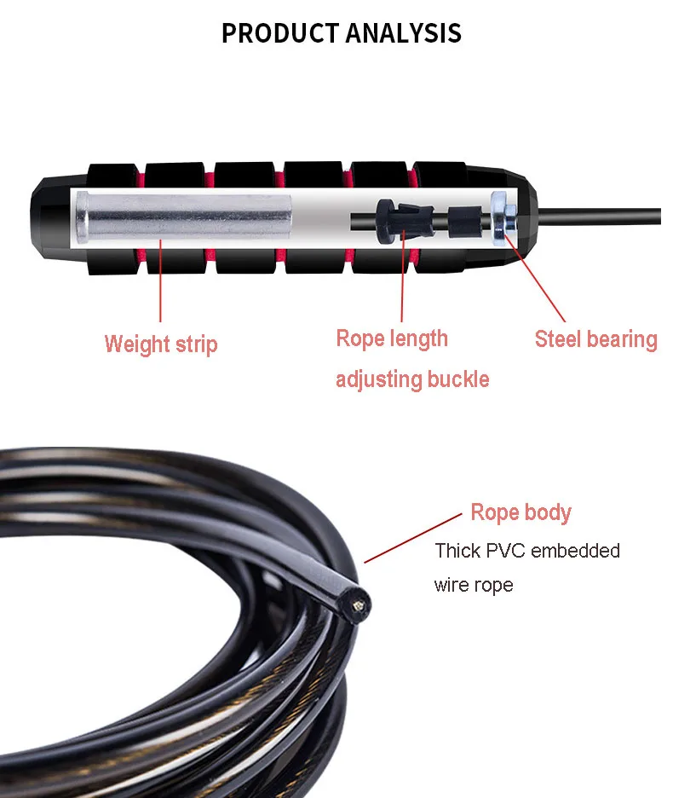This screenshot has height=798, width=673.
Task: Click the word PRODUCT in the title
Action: pos(279,33)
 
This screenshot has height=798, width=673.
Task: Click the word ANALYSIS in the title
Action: pos(403,33)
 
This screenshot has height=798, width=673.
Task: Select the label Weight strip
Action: pos(161,344)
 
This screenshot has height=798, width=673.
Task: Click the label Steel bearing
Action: pos(595,339)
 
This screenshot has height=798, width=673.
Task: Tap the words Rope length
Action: pos(392,338)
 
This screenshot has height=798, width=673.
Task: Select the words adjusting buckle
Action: pos(412,379)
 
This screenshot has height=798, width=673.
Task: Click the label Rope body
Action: pos(521,512)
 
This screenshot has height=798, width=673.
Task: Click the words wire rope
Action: pos(474,586)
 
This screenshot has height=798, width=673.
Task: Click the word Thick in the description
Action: pos(457,551)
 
